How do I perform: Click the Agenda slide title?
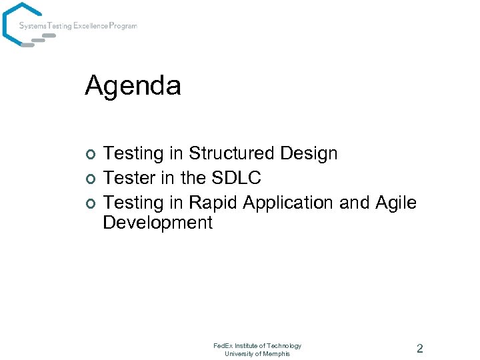click(133, 86)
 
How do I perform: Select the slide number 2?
click(419, 348)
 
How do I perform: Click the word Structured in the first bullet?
click(231, 153)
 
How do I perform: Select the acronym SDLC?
click(237, 178)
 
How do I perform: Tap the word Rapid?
click(211, 202)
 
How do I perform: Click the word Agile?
click(398, 202)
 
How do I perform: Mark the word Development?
click(157, 223)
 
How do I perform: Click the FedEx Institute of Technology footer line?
click(257, 345)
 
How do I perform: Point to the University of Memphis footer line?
click(257, 353)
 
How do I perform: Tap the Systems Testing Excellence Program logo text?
click(78, 26)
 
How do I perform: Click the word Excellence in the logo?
click(92, 26)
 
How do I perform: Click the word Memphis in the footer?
click(276, 353)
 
